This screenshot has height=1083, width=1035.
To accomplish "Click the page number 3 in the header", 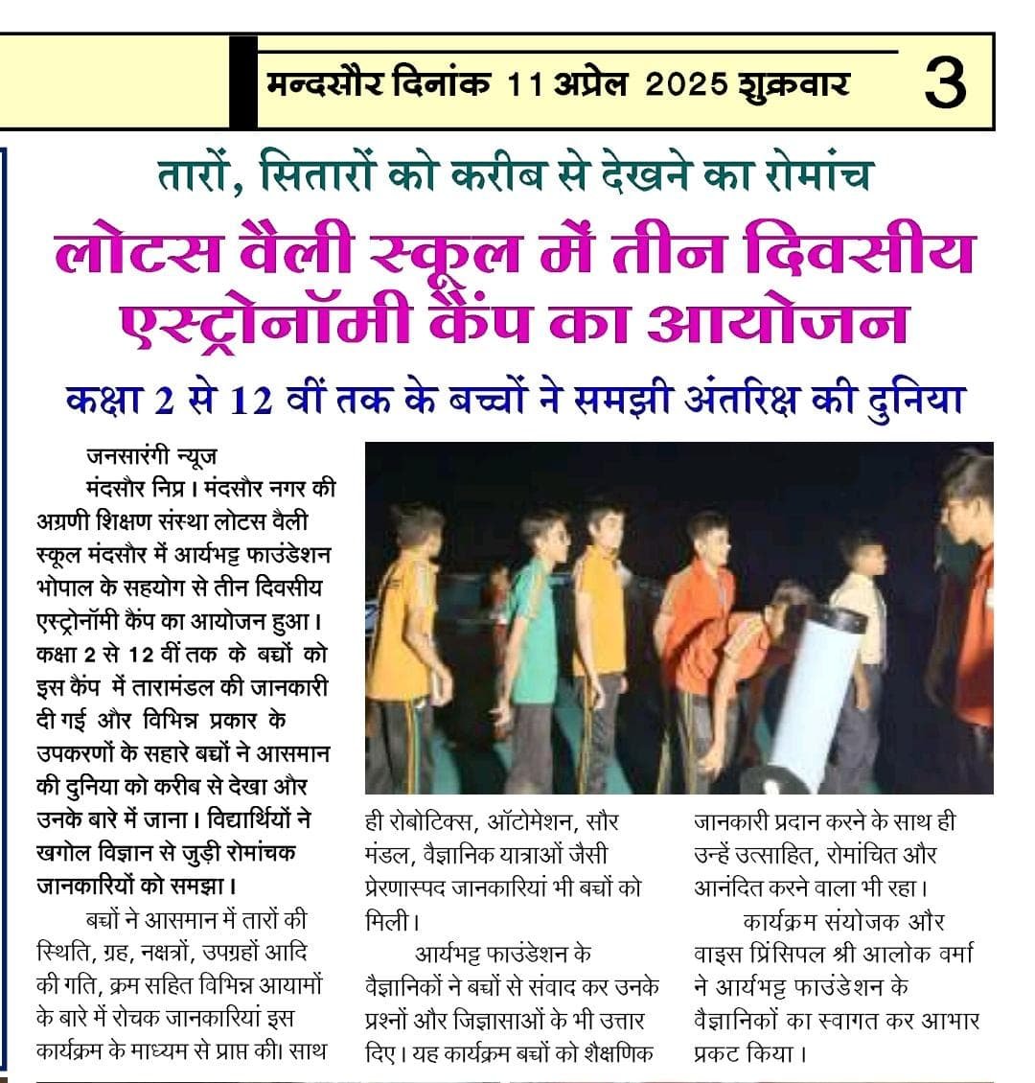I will point(945,84).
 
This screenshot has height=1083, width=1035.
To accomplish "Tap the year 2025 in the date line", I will point(687,84).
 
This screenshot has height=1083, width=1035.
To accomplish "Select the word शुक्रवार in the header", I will point(793,84).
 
